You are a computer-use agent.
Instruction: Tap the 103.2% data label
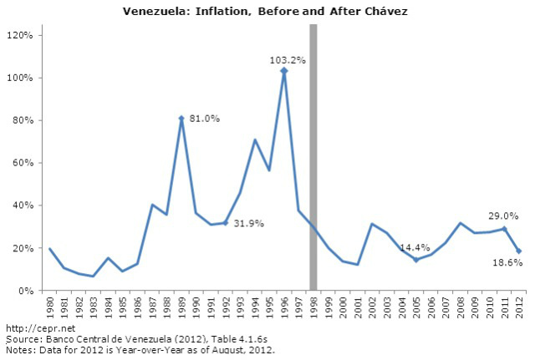288,60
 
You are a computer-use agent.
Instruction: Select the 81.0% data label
204,119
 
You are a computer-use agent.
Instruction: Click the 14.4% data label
416,248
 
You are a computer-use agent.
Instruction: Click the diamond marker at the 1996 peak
284,71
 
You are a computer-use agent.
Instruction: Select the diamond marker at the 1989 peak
181,119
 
